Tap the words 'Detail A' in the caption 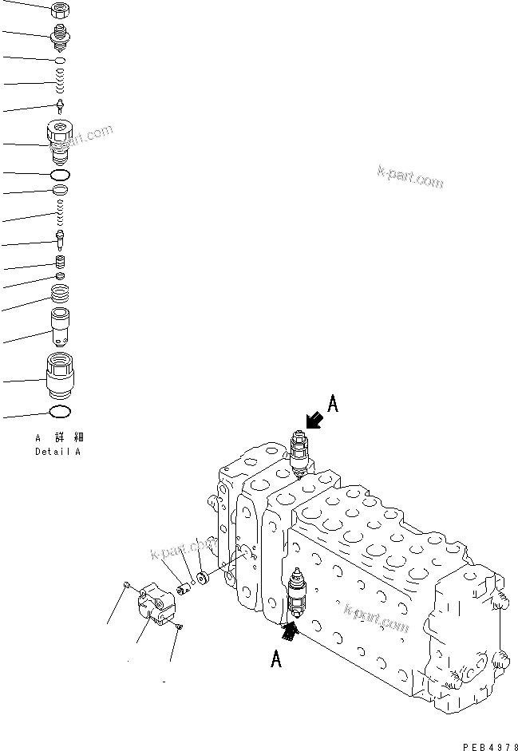tap(57, 452)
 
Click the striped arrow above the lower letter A tap(291, 633)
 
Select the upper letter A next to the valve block tap(334, 405)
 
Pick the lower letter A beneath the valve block tap(275, 659)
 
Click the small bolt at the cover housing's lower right tap(179, 628)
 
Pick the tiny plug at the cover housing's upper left tap(127, 588)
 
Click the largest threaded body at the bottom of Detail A tap(61, 375)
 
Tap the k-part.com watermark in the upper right tap(408, 179)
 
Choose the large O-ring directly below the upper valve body tap(61, 174)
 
